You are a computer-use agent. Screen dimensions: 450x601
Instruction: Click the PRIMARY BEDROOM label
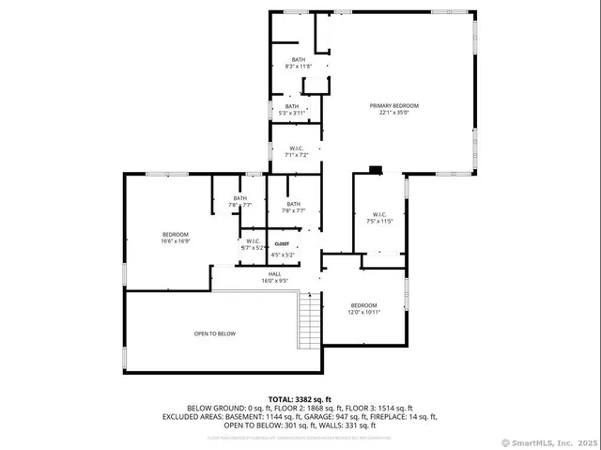[x=393, y=105]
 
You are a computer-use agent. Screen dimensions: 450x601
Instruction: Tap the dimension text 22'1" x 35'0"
[x=393, y=113]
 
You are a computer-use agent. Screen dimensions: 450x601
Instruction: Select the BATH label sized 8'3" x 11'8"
[x=298, y=59]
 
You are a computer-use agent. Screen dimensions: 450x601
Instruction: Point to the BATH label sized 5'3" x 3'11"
[x=292, y=106]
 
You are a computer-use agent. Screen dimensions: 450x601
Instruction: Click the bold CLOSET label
[x=283, y=243]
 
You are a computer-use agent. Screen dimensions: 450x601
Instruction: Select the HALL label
[x=274, y=273]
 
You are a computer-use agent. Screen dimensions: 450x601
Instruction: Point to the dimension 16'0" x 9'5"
[x=274, y=280]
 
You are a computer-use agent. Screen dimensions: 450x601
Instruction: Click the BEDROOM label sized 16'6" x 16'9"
[x=176, y=234]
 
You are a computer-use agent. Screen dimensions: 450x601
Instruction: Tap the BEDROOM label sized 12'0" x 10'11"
[x=363, y=304]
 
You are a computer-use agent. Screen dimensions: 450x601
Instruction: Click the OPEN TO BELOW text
[x=214, y=334]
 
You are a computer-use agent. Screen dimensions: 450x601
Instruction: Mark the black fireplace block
[x=376, y=170]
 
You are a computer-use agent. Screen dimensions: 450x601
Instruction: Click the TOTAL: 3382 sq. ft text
[x=300, y=399]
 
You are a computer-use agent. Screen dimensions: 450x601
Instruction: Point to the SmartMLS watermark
[x=551, y=442]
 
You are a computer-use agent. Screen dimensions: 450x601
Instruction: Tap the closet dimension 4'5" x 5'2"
[x=283, y=255]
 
